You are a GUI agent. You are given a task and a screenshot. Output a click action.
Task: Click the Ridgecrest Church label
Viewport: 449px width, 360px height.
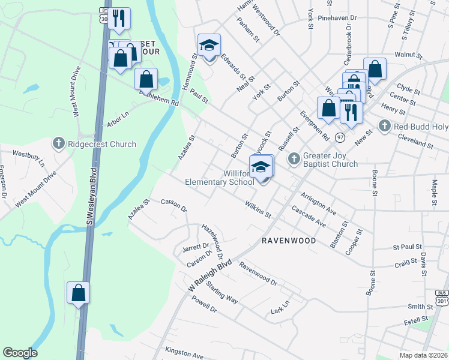pos(101,144)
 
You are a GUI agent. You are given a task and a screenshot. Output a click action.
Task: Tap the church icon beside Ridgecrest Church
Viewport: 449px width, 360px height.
pos(58,144)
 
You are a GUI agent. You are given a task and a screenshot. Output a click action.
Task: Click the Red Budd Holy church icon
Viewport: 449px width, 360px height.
pos(385,126)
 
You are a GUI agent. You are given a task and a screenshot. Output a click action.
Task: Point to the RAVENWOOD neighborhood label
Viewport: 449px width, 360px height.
pos(289,240)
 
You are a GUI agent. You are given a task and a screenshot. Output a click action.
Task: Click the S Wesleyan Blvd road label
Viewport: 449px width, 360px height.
pos(92,197)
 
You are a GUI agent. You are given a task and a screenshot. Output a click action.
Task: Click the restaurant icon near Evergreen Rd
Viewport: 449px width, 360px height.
pos(349,112)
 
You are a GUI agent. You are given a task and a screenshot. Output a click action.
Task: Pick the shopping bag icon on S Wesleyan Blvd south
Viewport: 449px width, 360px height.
pos(78,293)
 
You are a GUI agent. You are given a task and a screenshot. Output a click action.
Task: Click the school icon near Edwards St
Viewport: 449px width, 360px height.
pos(209,46)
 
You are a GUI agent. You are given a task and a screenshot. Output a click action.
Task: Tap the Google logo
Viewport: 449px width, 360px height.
pos(20,353)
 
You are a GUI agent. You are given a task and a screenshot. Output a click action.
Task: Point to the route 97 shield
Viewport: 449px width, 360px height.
pos(340,137)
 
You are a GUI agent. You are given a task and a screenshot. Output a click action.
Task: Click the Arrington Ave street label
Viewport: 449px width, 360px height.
pos(318,203)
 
